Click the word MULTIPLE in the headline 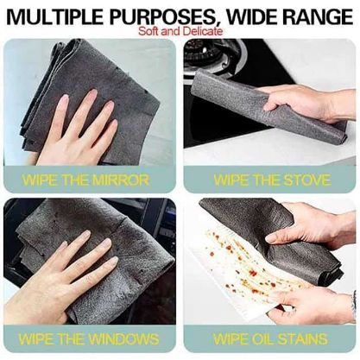tap(55, 16)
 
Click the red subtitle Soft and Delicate tap(180, 31)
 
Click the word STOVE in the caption tap(306, 180)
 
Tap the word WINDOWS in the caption tap(123, 338)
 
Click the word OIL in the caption tap(263, 338)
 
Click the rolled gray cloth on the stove tap(268, 106)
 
